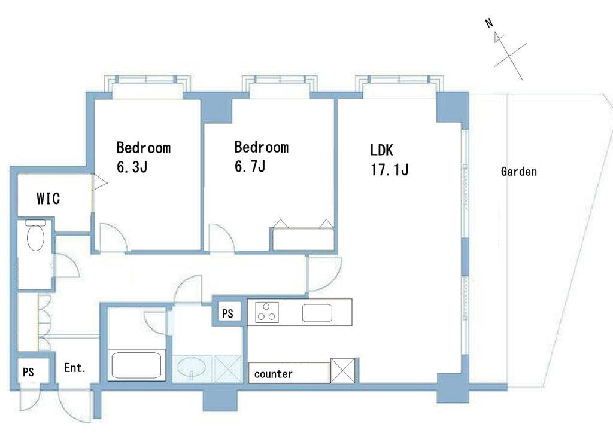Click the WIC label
pyautogui.click(x=48, y=198)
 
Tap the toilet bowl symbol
pyautogui.click(x=35, y=236)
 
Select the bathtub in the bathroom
pyautogui.click(x=136, y=365)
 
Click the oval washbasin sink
pyautogui.click(x=191, y=367)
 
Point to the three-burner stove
pyautogui.click(x=267, y=312)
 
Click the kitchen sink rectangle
pyautogui.click(x=317, y=313)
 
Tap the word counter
pyautogui.click(x=273, y=374)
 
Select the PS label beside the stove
pyautogui.click(x=227, y=313)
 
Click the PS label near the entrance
pyautogui.click(x=28, y=372)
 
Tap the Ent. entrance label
pyautogui.click(x=75, y=367)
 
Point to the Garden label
pyautogui.click(x=519, y=172)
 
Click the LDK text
pyautogui.click(x=381, y=150)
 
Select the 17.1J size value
pyautogui.click(x=389, y=170)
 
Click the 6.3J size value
pyautogui.click(x=132, y=167)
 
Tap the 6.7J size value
pyautogui.click(x=250, y=166)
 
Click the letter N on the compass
pyautogui.click(x=489, y=23)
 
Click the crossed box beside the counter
pyautogui.click(x=343, y=370)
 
